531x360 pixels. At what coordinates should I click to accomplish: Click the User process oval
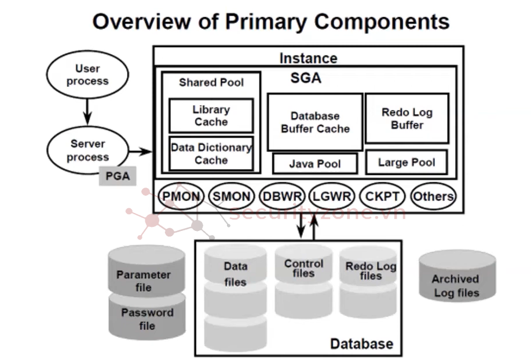pyautogui.click(x=87, y=75)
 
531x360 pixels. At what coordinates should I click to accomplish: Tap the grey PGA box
pyautogui.click(x=118, y=175)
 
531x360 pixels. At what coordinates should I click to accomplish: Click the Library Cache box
pyautogui.click(x=211, y=116)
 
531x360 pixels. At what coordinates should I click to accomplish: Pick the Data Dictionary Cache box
pyautogui.click(x=211, y=153)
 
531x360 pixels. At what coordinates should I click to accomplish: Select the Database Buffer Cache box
pyautogui.click(x=315, y=122)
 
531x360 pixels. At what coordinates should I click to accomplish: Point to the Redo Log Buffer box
pyautogui.click(x=407, y=118)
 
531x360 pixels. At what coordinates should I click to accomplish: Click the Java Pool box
pyautogui.click(x=314, y=164)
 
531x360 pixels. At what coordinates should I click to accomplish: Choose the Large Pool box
pyautogui.click(x=407, y=162)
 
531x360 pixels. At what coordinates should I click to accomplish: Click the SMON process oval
pyautogui.click(x=231, y=196)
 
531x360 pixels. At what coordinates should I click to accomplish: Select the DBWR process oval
pyautogui.click(x=282, y=196)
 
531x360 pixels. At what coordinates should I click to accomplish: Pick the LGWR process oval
pyautogui.click(x=331, y=196)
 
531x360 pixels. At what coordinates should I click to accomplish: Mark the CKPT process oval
pyautogui.click(x=382, y=196)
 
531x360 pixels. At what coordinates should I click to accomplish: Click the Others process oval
pyautogui.click(x=433, y=196)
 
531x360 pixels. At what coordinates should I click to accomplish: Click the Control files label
pyautogui.click(x=303, y=268)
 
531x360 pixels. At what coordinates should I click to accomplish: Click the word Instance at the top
pyautogui.click(x=308, y=58)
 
